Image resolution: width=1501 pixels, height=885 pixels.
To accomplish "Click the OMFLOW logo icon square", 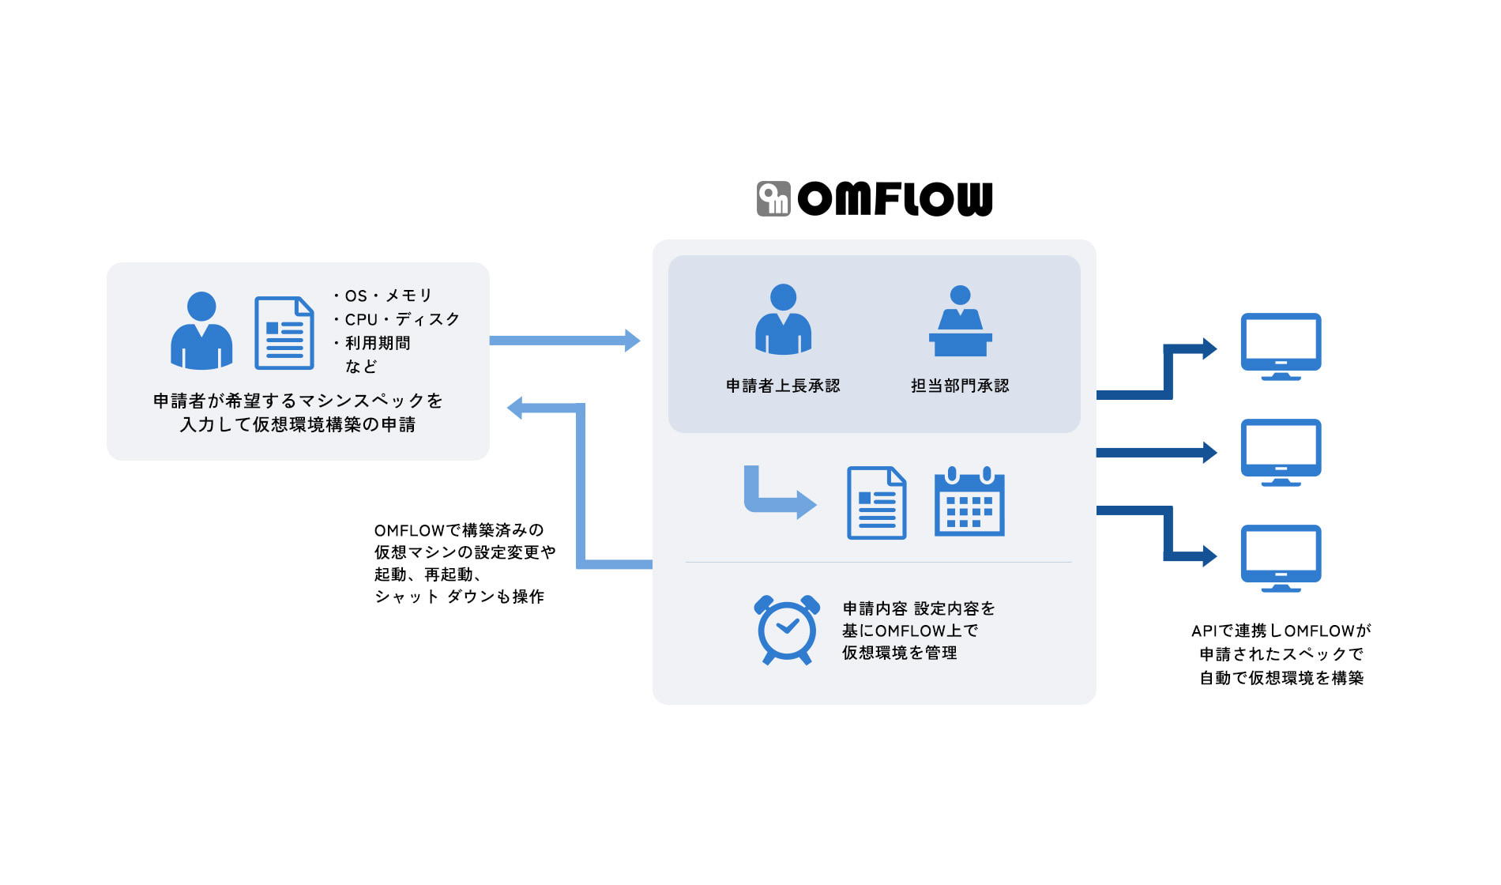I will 773,198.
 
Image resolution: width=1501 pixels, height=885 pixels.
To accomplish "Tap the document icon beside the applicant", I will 284,333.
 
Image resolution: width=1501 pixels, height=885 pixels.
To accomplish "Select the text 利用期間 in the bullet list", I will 378,343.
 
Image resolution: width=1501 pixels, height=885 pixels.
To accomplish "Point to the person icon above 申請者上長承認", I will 783,319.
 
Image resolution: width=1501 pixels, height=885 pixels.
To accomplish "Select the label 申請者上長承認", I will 783,386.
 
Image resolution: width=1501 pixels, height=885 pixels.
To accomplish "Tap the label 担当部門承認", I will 960,386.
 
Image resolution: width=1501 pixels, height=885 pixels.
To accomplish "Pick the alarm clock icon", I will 787,629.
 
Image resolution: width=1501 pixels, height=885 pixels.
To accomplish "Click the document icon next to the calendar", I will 876,503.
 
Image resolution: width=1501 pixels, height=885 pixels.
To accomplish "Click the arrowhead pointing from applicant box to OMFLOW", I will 632,341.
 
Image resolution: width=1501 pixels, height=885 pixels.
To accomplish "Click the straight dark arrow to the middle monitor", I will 1153,453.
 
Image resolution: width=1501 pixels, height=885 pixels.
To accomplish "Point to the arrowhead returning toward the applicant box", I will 516,408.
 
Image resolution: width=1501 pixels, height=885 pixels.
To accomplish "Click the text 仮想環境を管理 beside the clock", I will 899,653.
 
